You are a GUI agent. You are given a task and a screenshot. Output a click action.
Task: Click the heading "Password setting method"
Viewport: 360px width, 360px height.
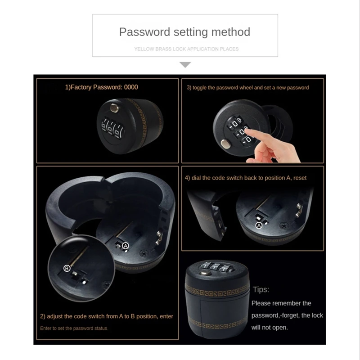tap(184, 32)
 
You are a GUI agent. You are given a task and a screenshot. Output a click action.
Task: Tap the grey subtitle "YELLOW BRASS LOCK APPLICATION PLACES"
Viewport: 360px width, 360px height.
tap(186, 49)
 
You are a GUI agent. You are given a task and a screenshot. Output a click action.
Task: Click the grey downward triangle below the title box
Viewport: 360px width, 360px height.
tap(185, 65)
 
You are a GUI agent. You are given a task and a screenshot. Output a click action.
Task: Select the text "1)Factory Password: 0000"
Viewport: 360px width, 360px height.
tap(102, 87)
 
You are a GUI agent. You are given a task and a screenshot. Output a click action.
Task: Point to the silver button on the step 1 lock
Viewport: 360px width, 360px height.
tap(114, 108)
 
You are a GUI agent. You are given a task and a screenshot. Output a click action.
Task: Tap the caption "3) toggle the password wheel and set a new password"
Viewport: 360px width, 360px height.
tap(248, 88)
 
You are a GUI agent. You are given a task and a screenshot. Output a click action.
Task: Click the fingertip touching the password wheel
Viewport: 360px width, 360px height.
tap(248, 132)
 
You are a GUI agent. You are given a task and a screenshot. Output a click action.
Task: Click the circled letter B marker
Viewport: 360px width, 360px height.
tap(67, 268)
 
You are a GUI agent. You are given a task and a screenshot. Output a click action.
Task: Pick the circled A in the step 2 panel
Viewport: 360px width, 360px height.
tap(126, 246)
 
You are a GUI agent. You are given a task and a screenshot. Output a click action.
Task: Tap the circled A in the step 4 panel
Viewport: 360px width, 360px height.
tap(259, 225)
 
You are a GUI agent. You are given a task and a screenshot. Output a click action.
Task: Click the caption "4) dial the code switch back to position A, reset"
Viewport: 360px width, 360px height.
tap(246, 178)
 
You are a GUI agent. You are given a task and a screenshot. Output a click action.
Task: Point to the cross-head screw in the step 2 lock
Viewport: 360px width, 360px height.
tap(144, 253)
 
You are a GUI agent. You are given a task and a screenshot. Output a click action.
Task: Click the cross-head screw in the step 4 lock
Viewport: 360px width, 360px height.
tap(283, 226)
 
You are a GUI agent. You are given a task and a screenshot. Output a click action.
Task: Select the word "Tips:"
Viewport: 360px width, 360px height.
tap(261, 289)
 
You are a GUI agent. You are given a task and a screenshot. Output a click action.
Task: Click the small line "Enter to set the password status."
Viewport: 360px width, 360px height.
tap(74, 328)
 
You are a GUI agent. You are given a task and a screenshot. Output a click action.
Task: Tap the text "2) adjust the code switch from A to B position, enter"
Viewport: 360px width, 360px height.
tap(107, 316)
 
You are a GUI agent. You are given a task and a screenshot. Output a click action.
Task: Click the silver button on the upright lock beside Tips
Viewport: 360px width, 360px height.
tap(206, 273)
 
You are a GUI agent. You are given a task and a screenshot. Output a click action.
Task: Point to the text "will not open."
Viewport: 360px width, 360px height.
tap(270, 328)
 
